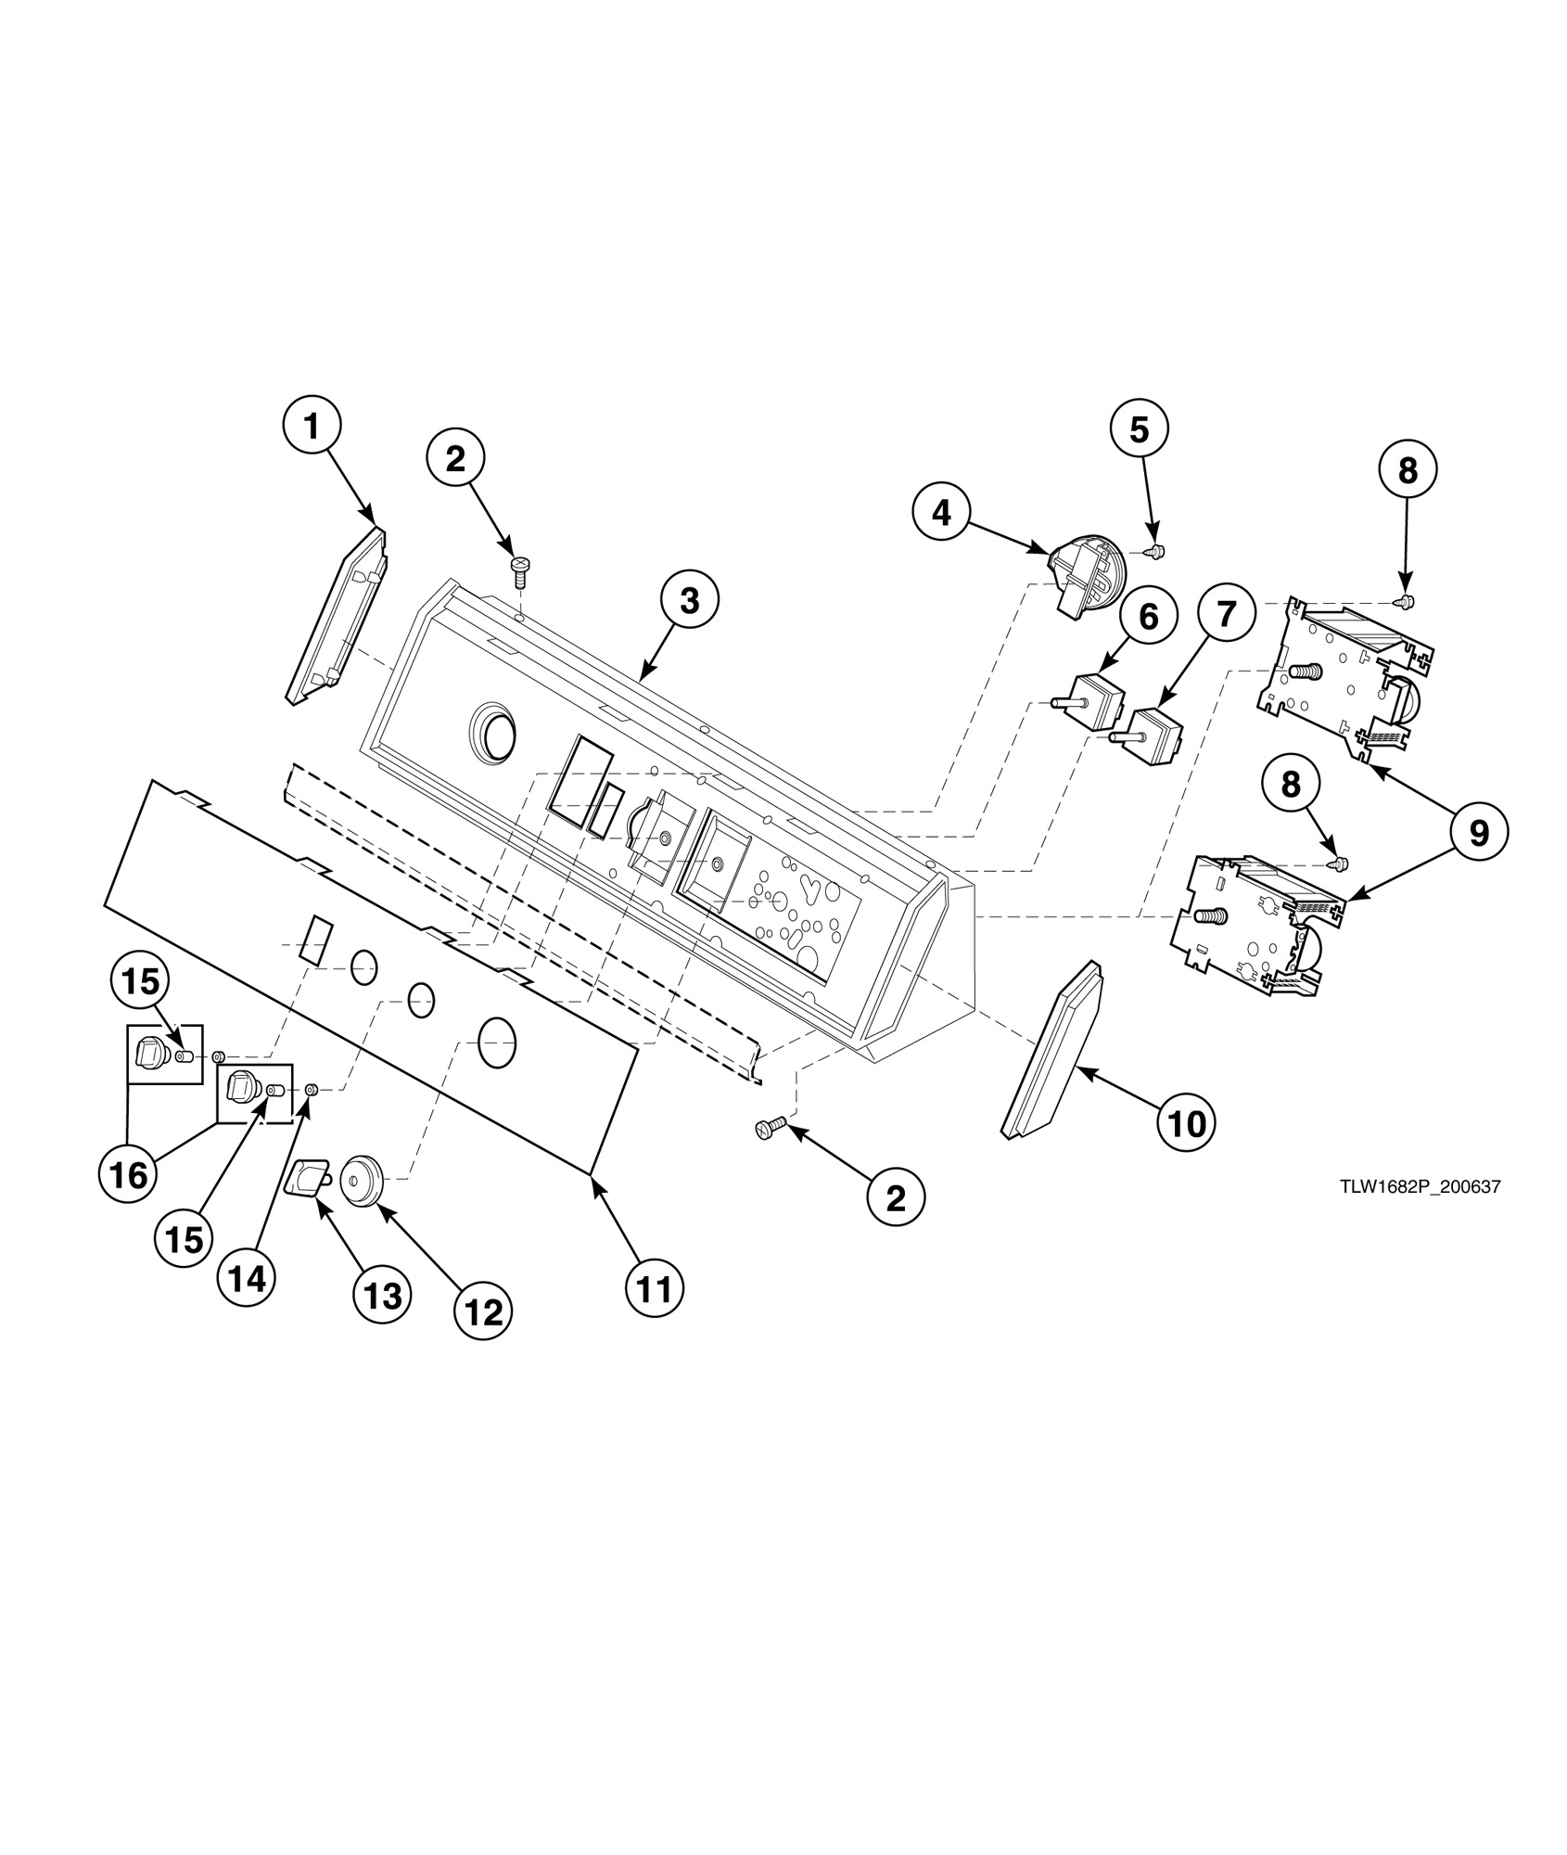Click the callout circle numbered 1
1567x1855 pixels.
[x=312, y=427]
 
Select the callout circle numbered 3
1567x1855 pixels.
[x=689, y=601]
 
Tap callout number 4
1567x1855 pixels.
[x=942, y=511]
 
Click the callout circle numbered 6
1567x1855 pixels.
[x=1148, y=616]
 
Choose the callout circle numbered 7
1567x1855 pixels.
[x=1226, y=613]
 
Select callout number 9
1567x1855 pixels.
[x=1478, y=833]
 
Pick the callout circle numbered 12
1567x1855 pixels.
[x=483, y=1311]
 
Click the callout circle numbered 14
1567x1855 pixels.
[x=247, y=1279]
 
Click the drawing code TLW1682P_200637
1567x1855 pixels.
[x=1419, y=1186]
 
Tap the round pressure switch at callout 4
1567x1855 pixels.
[x=1087, y=575]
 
